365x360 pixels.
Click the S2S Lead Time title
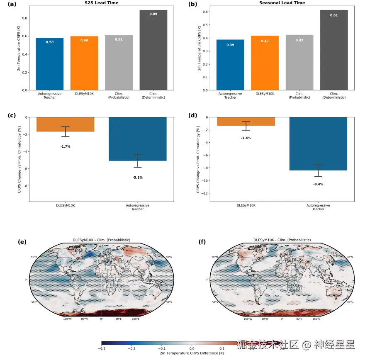click(x=101, y=3)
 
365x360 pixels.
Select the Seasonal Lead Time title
click(x=282, y=3)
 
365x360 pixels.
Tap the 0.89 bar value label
click(x=153, y=14)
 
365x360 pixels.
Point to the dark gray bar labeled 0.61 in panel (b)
click(x=334, y=50)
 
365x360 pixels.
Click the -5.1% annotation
click(x=138, y=178)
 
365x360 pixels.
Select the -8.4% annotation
click(x=318, y=184)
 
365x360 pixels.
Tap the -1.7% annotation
click(x=65, y=146)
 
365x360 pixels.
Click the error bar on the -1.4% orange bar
click(x=246, y=126)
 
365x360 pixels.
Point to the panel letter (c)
click(x=12, y=115)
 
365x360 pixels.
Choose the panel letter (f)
click(x=202, y=241)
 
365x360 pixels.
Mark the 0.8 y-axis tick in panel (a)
click(x=25, y=18)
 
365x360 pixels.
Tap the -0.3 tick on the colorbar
click(x=101, y=348)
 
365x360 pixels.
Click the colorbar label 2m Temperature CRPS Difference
click(x=192, y=353)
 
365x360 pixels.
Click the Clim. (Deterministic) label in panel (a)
click(x=153, y=96)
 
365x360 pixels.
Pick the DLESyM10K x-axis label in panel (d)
click(x=246, y=205)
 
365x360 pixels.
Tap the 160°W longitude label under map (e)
click(x=67, y=319)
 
